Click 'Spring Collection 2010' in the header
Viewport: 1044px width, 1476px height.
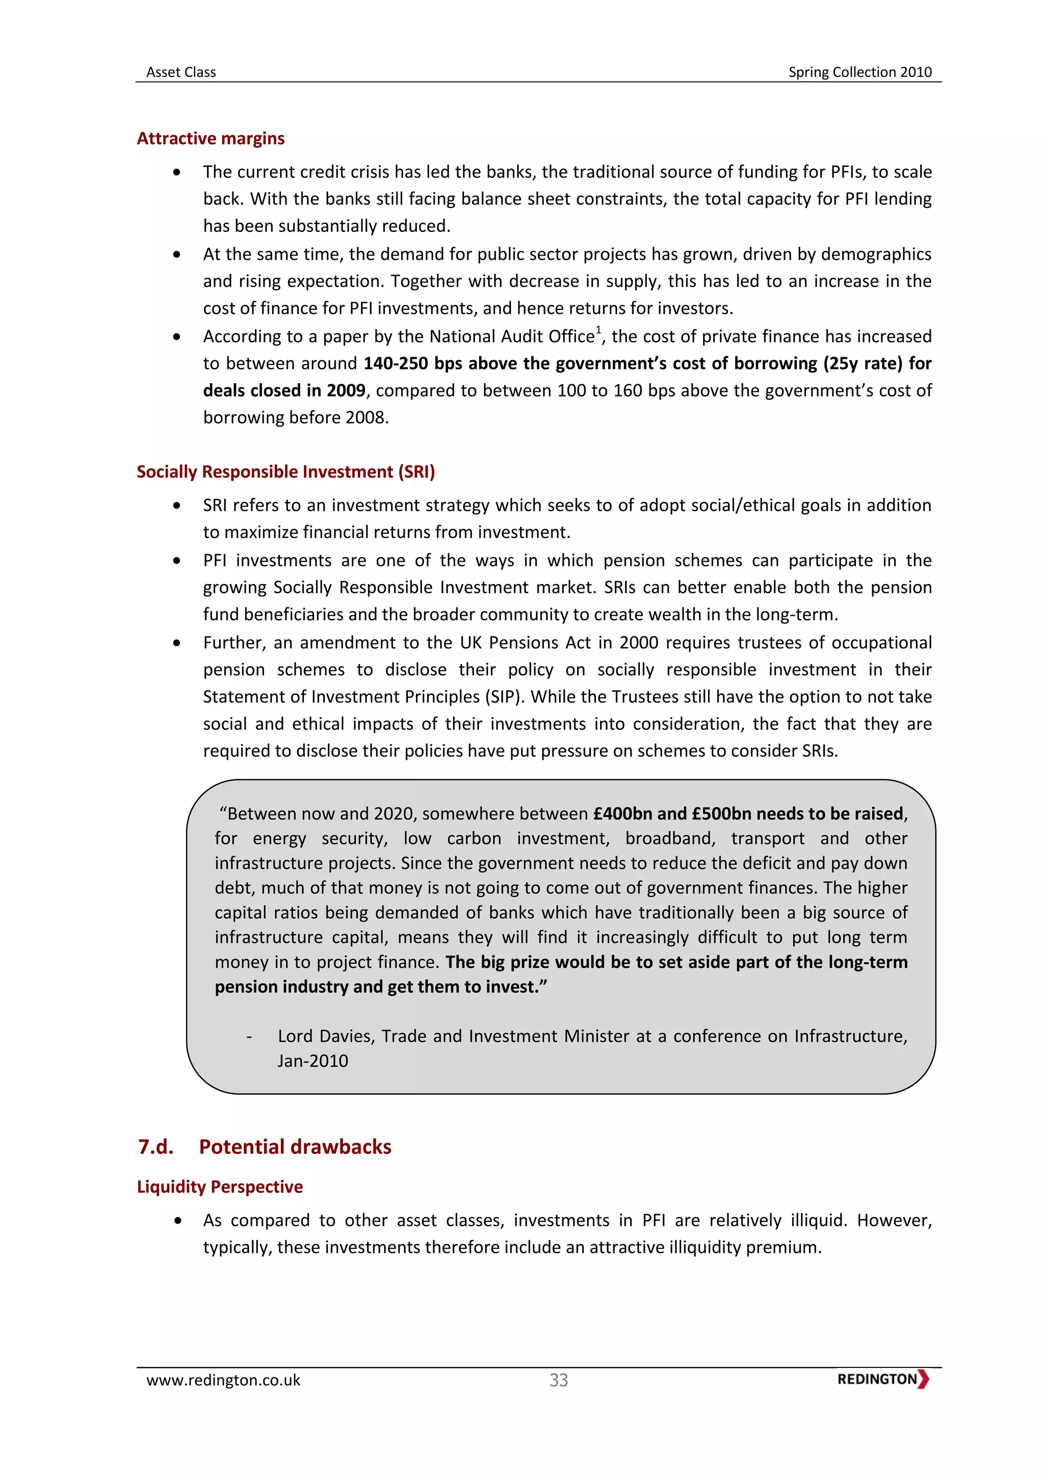click(x=859, y=72)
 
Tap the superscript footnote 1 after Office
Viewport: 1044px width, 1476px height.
click(x=598, y=330)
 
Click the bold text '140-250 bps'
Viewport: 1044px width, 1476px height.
click(x=413, y=364)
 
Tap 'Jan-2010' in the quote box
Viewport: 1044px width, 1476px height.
click(x=312, y=1061)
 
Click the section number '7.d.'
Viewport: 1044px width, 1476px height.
click(x=155, y=1147)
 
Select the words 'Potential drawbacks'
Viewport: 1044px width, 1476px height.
click(x=295, y=1147)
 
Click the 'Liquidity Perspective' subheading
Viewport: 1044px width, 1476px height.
click(x=219, y=1187)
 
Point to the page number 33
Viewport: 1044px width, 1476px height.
click(x=559, y=1380)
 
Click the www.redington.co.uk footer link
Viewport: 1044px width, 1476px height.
click(x=223, y=1380)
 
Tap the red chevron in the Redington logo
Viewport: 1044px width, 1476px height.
click(x=923, y=1379)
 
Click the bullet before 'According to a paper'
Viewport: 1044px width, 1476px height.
click(x=177, y=337)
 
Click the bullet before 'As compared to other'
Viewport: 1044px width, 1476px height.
click(x=177, y=1221)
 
